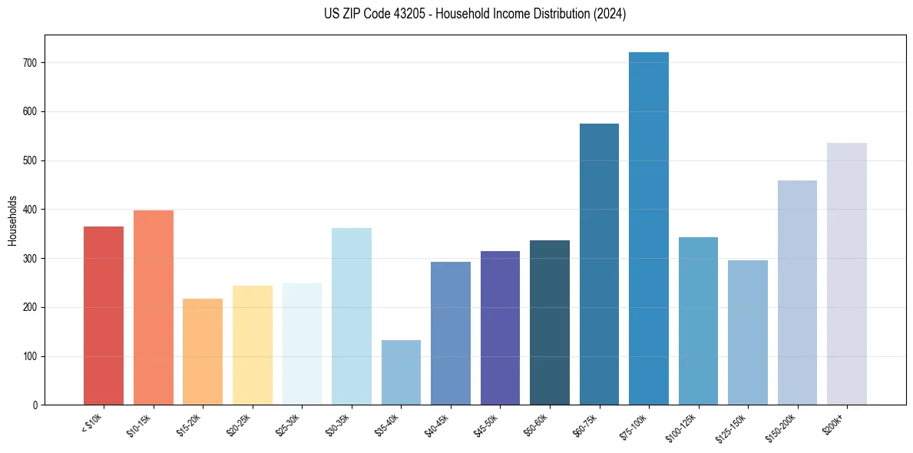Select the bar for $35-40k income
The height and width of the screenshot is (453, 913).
tap(401, 372)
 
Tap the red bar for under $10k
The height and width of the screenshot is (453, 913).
tap(104, 316)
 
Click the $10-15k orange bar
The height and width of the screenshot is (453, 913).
tap(154, 308)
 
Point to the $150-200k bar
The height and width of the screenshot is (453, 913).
tap(797, 293)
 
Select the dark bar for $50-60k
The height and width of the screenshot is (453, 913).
tap(550, 322)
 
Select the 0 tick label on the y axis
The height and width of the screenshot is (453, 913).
tap(36, 405)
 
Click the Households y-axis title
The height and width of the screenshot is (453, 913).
tap(12, 220)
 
